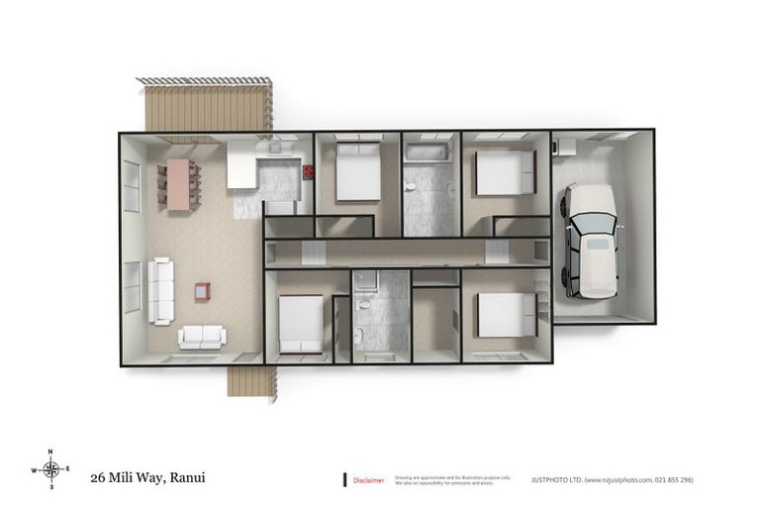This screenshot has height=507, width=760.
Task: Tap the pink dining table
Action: pos(179,184)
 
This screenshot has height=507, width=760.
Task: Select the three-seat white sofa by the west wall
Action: pos(160,291)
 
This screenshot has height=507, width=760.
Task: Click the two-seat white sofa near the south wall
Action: pos(202,337)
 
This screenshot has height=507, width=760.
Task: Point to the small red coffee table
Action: pos(202,291)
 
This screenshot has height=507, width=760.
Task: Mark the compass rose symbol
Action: pos(51,468)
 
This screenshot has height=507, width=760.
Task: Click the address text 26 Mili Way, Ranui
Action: pos(147,476)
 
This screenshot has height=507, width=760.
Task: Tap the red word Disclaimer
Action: pos(368,480)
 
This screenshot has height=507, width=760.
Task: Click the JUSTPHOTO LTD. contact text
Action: pos(612,479)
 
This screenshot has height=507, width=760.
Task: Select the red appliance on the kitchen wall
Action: pos(308,171)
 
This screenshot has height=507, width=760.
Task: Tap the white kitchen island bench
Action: pos(241,164)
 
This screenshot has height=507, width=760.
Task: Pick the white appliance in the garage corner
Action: pos(567,147)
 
